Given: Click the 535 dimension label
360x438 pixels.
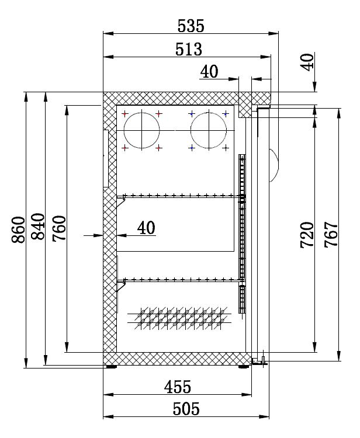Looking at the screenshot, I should point(191,26).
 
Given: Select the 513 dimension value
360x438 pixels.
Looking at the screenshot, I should point(189,49).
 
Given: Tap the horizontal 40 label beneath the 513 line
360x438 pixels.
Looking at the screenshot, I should point(209,71).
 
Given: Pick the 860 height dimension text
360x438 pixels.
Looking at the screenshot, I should point(18,230).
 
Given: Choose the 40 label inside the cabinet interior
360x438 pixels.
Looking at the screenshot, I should point(146,228).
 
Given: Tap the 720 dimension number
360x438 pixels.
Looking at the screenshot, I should point(307,235).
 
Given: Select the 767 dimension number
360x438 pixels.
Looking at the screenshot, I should point(330,235).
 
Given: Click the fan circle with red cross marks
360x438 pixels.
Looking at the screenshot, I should point(141,129).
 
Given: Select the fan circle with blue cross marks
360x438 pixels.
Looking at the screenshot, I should point(208,129).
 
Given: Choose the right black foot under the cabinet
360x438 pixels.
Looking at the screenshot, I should point(243,367).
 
